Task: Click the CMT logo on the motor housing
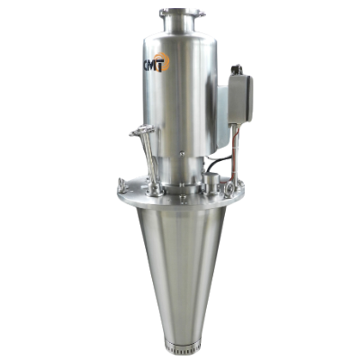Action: pos(156,62)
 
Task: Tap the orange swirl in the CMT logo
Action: pos(162,61)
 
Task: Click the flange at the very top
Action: pos(183,13)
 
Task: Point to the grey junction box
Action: pos(240,99)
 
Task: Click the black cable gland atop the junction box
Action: pos(237,69)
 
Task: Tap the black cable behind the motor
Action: pos(217,163)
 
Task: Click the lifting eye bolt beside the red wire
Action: pos(229,189)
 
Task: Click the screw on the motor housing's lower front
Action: pos(181,154)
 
